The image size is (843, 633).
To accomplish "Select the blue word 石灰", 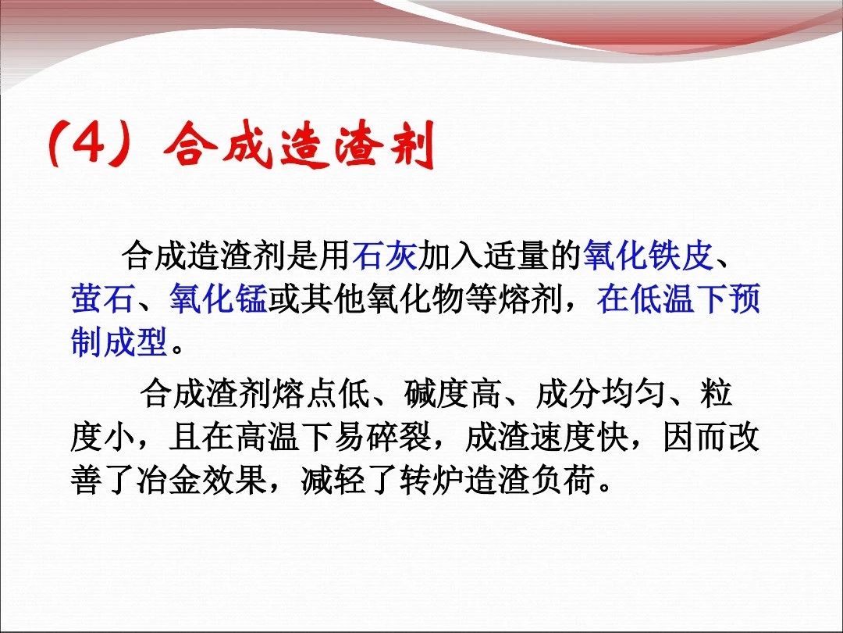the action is tap(385, 255).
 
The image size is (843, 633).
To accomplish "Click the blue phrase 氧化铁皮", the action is tap(648, 255).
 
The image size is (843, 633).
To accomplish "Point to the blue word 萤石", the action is tap(103, 299).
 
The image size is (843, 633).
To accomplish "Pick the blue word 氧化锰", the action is tap(219, 299).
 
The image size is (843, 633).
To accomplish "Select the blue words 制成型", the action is tap(119, 342).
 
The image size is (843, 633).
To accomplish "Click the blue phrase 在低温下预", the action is tap(678, 299).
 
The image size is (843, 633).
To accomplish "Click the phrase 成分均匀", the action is tap(601, 393).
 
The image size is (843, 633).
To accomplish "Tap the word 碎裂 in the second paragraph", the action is tap(400, 437).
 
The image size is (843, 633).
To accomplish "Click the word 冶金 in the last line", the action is tap(169, 480).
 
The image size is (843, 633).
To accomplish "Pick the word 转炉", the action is tap(432, 480).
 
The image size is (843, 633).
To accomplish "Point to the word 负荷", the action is tap(564, 480).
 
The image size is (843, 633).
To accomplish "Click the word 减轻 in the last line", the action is tap(333, 480).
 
